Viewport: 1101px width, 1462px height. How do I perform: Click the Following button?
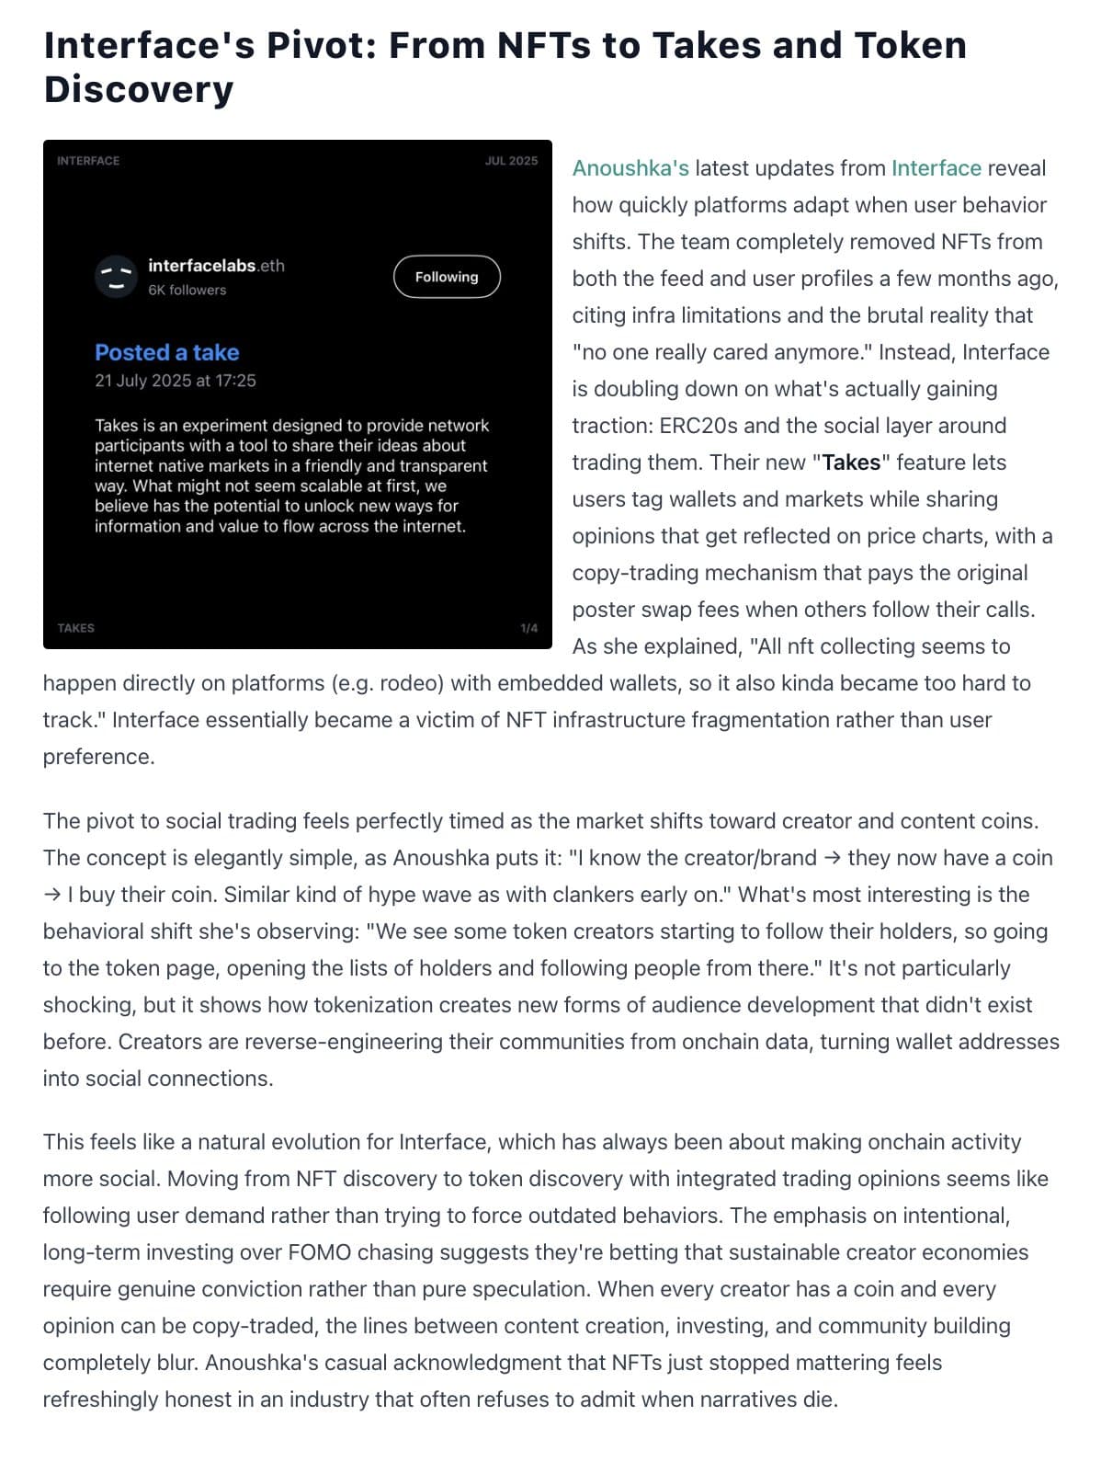[447, 277]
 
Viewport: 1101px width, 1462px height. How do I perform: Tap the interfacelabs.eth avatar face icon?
[116, 277]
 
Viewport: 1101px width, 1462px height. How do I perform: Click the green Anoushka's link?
[630, 168]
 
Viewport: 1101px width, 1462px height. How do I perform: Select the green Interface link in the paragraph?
[936, 168]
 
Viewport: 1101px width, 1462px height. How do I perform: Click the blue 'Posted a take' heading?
[166, 352]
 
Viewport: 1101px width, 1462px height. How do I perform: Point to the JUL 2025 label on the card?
[511, 161]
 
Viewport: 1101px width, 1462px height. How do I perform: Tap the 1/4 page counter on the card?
[528, 628]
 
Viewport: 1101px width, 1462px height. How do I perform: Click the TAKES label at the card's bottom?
[75, 628]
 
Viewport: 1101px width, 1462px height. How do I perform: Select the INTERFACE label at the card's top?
[88, 161]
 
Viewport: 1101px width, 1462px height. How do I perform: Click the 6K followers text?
[187, 290]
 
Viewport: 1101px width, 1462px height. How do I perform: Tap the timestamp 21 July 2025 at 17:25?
[176, 381]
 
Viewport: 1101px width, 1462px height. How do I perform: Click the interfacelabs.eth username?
[216, 266]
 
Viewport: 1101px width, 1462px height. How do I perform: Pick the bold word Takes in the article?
[851, 463]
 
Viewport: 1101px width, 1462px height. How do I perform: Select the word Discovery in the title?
[139, 89]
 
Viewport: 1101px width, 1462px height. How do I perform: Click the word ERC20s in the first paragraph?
[696, 426]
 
